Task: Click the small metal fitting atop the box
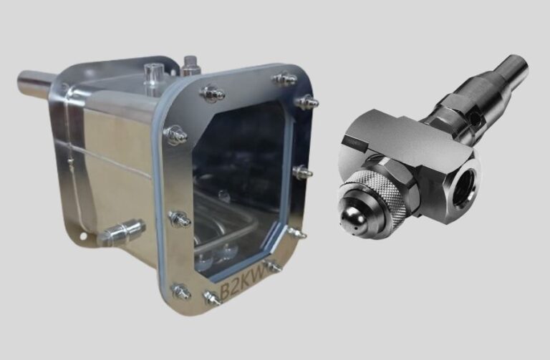point(190,66)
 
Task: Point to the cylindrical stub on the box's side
point(123,231)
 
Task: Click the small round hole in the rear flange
point(83,237)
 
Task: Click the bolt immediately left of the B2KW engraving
point(212,298)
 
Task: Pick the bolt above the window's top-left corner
point(212,93)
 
